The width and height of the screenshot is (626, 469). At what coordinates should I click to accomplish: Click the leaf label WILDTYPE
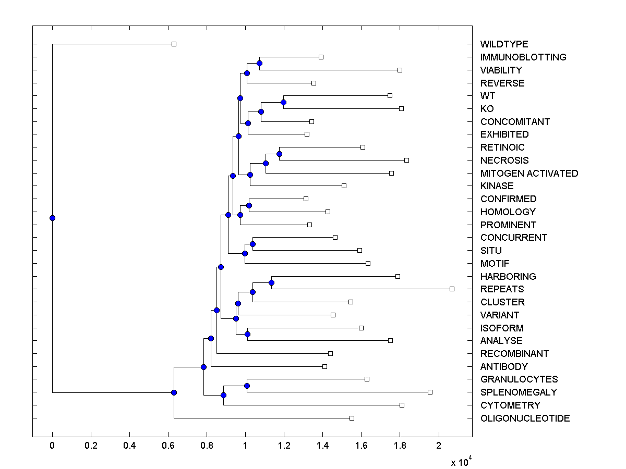tap(504, 44)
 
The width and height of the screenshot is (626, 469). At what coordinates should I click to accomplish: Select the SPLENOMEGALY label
tap(519, 392)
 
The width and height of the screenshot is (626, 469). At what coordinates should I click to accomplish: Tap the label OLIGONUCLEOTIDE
tap(525, 418)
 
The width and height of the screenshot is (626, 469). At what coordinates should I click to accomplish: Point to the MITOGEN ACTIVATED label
tap(529, 174)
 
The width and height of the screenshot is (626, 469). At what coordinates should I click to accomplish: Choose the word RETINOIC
tap(502, 147)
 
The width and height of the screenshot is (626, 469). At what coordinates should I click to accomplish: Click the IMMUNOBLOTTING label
tap(523, 57)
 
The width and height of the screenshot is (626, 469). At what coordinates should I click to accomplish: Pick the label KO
tap(487, 109)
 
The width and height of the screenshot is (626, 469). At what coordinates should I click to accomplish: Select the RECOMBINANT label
tap(514, 354)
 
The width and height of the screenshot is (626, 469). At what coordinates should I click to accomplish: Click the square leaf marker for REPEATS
tap(452, 289)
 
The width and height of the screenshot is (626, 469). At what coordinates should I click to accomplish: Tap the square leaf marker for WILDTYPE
tap(174, 44)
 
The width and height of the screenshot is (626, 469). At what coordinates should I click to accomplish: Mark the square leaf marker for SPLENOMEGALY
tap(430, 392)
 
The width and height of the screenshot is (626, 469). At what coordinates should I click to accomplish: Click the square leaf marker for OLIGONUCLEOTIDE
tap(352, 418)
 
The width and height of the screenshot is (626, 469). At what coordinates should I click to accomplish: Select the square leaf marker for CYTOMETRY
tap(402, 405)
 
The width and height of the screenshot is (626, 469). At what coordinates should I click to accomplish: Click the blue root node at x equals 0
tap(52, 218)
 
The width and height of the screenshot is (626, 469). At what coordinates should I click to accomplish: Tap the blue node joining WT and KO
tap(284, 102)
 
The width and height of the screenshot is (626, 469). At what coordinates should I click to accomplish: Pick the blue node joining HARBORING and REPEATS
tap(271, 282)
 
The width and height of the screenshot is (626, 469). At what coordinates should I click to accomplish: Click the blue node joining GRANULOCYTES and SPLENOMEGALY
tap(247, 386)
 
